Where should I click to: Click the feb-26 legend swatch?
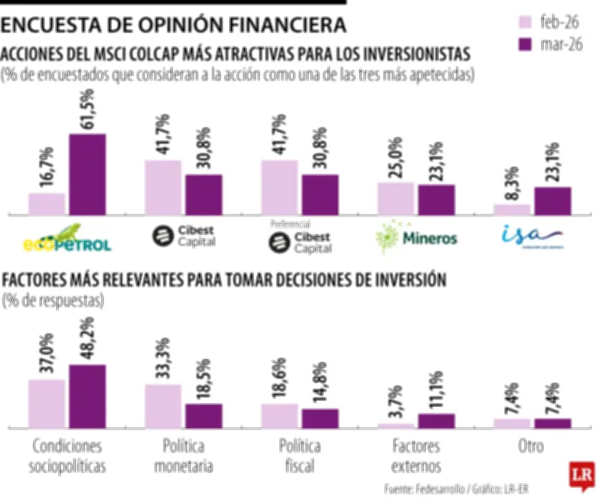coord(522,21)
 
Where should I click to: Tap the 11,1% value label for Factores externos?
coord(436,393)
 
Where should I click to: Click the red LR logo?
coord(580,475)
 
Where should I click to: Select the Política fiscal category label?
coord(300,456)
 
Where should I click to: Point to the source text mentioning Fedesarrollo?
coord(456,489)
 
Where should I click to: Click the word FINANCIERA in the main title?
coord(280,26)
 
